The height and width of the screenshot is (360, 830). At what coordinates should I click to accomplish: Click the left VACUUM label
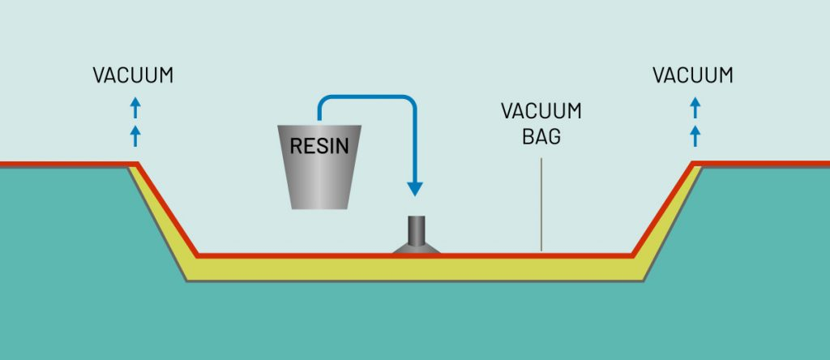pyautogui.click(x=133, y=75)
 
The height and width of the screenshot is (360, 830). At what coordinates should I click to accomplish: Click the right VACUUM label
pyautogui.click(x=693, y=75)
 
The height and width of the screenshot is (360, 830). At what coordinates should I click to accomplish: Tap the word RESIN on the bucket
pyautogui.click(x=319, y=148)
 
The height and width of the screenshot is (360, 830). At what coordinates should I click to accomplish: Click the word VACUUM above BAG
pyautogui.click(x=541, y=111)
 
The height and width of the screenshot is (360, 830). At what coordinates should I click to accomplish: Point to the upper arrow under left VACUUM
pyautogui.click(x=135, y=106)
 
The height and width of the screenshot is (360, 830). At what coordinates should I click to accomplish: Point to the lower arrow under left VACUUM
pyautogui.click(x=135, y=134)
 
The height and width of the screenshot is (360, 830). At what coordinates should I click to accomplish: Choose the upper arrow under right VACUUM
pyautogui.click(x=695, y=106)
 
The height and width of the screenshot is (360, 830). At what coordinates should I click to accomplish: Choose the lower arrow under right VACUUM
pyautogui.click(x=695, y=134)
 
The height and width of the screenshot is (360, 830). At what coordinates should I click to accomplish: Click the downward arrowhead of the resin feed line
pyautogui.click(x=415, y=189)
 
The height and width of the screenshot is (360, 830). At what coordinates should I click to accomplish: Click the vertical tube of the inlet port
pyautogui.click(x=416, y=229)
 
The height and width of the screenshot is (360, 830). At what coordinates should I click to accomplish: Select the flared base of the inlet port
pyautogui.click(x=417, y=248)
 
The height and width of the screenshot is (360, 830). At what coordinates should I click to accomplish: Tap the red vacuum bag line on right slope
pyautogui.click(x=663, y=208)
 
